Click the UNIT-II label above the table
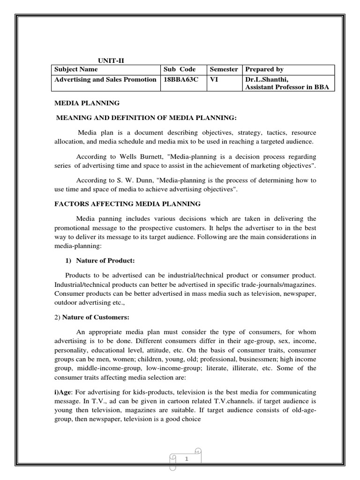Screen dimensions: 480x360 111,60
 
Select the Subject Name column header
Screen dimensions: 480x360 75,69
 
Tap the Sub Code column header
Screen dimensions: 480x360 179,69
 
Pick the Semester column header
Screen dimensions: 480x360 224,69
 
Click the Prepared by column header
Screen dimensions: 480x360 264,69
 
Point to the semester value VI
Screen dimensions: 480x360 214,79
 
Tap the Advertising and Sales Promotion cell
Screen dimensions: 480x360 105,79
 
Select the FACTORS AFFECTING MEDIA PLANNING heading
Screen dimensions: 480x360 126,203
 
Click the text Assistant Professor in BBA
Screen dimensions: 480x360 287,87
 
